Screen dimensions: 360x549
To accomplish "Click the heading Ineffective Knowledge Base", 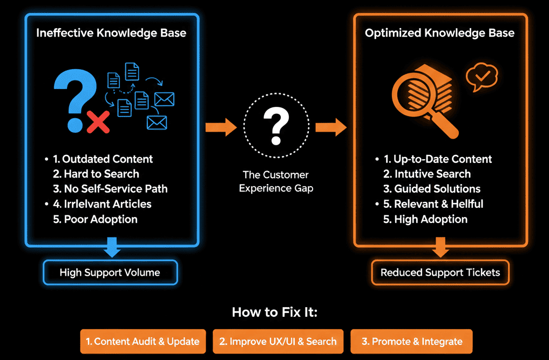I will [111, 33].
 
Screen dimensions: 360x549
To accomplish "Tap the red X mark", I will [98, 122].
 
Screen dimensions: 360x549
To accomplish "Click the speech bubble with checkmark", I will [482, 77].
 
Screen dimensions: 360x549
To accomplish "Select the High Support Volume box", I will [110, 273].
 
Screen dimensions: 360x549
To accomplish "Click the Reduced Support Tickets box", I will [440, 273].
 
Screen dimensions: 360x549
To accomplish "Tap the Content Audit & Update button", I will [143, 341].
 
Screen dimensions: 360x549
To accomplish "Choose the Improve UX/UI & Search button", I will [278, 341].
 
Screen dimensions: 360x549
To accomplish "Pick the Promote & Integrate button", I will [411, 341].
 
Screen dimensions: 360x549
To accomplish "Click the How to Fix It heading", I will [274, 312].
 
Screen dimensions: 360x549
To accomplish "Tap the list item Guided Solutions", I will [432, 189].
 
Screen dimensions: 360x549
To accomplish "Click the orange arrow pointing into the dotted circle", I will [221, 128].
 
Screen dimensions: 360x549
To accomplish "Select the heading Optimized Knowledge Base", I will [439, 33].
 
